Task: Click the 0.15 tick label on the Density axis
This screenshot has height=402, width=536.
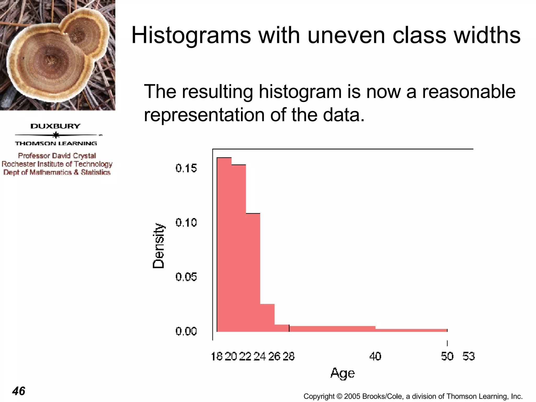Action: tap(186, 168)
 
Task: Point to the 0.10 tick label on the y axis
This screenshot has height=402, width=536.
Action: tap(186, 223)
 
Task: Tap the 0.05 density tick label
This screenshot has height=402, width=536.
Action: tap(186, 277)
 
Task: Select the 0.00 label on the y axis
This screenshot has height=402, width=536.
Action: tap(186, 331)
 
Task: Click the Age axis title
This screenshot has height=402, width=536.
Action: tap(342, 373)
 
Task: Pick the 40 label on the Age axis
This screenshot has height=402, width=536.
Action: tap(375, 356)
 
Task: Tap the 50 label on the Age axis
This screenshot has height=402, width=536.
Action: tap(447, 356)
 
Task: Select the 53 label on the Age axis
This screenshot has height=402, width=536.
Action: tap(468, 356)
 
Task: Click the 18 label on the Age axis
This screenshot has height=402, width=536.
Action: tap(217, 356)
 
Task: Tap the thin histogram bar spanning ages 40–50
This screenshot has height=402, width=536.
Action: tap(411, 330)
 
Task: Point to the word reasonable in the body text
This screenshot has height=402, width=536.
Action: tap(468, 92)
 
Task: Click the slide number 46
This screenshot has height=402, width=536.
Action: tap(19, 391)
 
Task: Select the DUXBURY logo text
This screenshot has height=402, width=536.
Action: tap(55, 126)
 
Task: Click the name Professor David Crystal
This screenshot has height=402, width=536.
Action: tap(57, 156)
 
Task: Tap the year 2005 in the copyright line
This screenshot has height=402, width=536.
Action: tap(352, 396)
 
